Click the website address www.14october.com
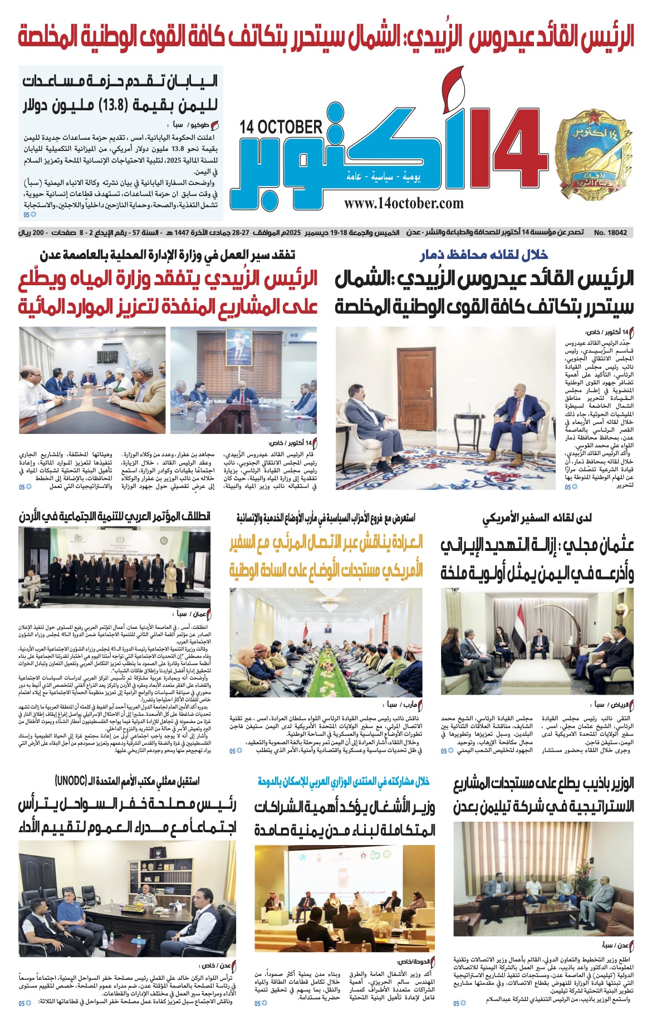404,203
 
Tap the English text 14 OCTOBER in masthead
281,127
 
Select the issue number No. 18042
611,232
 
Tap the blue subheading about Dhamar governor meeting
484,255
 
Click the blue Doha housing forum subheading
344,782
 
